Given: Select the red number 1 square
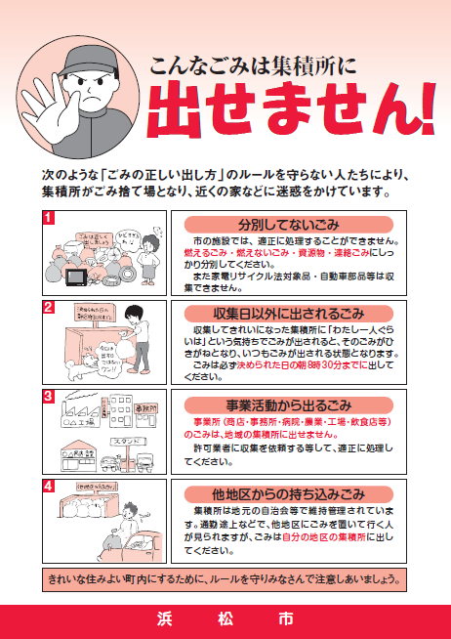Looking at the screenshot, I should click(48, 217).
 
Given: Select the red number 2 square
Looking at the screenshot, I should click(48, 306).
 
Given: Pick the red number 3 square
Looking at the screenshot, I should click(48, 396).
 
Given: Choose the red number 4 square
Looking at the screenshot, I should click(48, 485).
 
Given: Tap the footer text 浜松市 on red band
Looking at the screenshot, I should click(225, 619).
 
